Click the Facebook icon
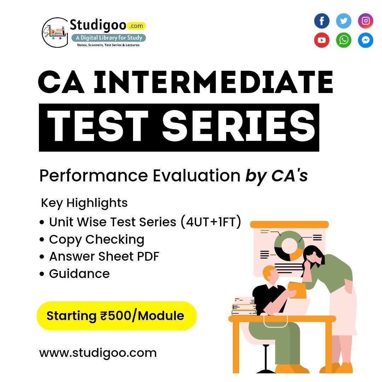(x=322, y=21)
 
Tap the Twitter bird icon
(x=343, y=21)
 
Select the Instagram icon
(x=365, y=21)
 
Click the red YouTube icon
(x=322, y=40)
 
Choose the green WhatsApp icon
(x=343, y=40)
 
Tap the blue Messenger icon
(x=365, y=40)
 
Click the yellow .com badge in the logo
(x=136, y=26)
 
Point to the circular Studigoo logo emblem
(x=55, y=33)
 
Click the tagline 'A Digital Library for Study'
(x=109, y=37)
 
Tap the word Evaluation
(x=197, y=176)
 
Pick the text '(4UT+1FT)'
(x=211, y=222)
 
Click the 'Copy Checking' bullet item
(x=96, y=239)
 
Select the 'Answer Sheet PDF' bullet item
(x=104, y=256)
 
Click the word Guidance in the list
(x=79, y=274)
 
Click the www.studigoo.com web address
(x=98, y=353)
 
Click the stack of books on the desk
(x=244, y=306)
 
